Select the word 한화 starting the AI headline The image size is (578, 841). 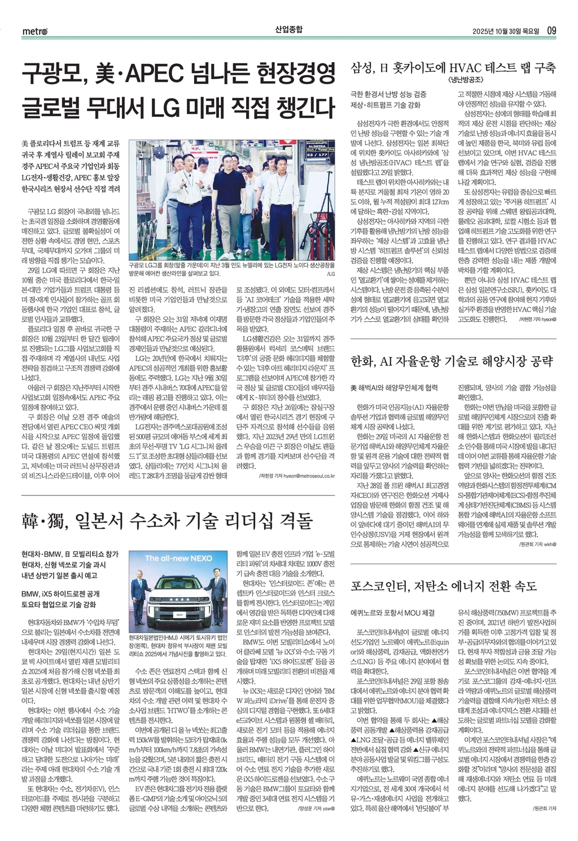(x=361, y=361)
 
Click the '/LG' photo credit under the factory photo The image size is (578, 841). (x=331, y=274)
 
